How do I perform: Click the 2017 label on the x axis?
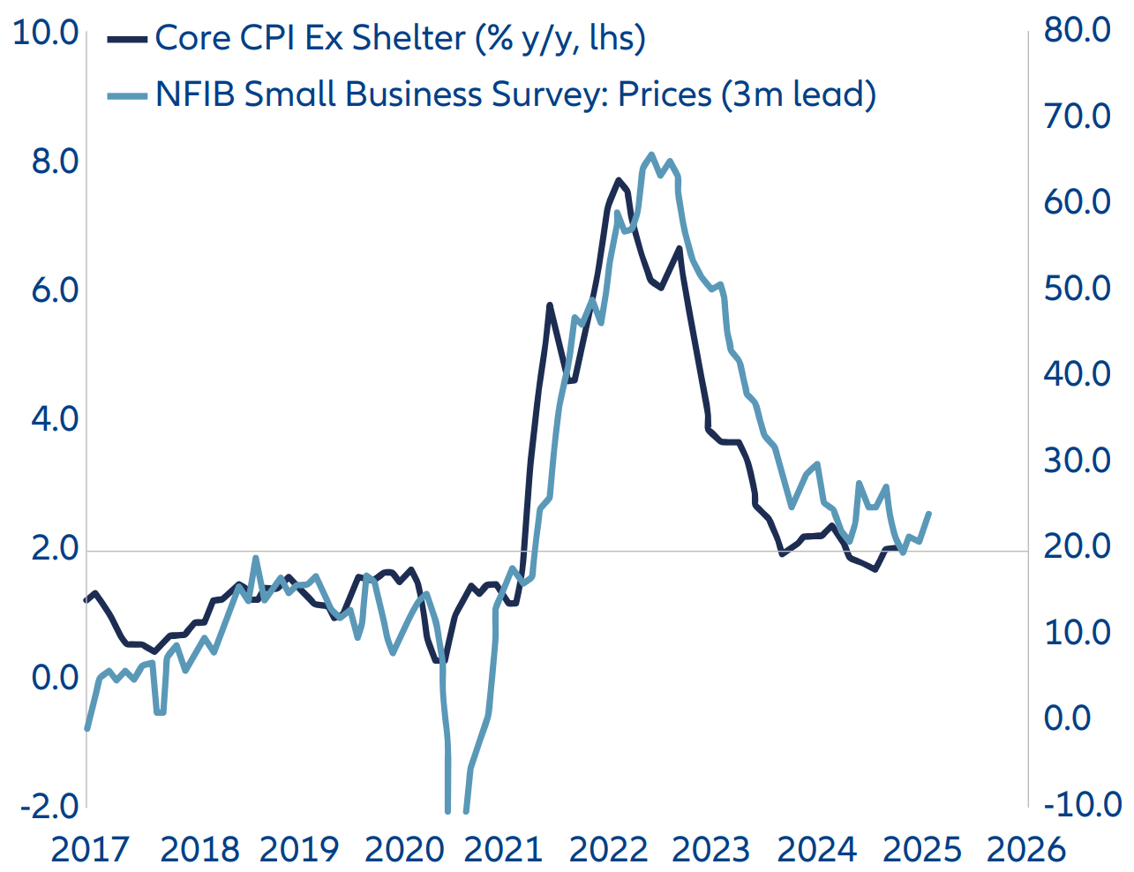[90, 849]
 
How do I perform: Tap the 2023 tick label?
[710, 849]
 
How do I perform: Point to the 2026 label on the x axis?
[1026, 849]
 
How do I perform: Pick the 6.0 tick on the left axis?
[55, 290]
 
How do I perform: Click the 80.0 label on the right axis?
[1078, 30]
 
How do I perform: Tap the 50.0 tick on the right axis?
[1078, 288]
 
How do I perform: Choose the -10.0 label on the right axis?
[1082, 804]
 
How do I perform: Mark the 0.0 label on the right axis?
[1067, 718]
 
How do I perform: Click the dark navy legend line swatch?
[127, 39]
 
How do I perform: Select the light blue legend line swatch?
[127, 94]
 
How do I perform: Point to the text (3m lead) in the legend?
[799, 94]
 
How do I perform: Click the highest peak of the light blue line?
[651, 154]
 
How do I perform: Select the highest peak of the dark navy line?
[619, 180]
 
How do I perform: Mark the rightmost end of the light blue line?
[929, 513]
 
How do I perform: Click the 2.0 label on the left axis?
[55, 548]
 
